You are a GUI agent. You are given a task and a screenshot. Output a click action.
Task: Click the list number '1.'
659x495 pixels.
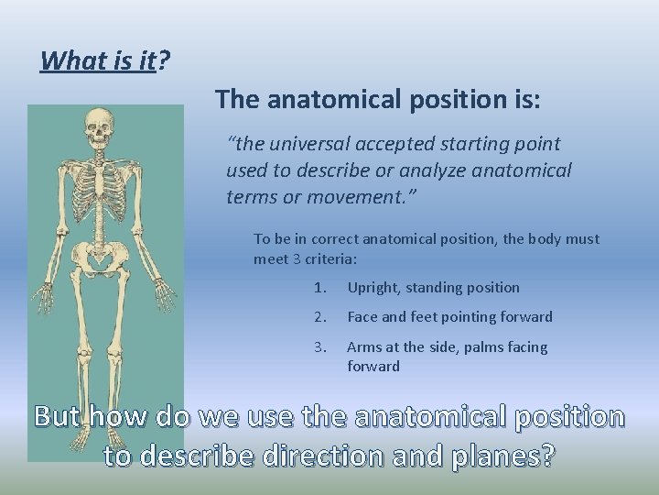point(319,288)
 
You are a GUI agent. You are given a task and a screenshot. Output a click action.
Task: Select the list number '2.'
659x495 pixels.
point(319,317)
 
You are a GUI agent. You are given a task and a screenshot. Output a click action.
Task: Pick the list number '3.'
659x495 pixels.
point(319,347)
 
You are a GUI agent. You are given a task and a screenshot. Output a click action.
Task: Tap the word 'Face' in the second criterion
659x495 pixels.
point(362,317)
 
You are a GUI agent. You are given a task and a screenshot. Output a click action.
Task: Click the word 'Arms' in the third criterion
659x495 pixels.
point(363,347)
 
